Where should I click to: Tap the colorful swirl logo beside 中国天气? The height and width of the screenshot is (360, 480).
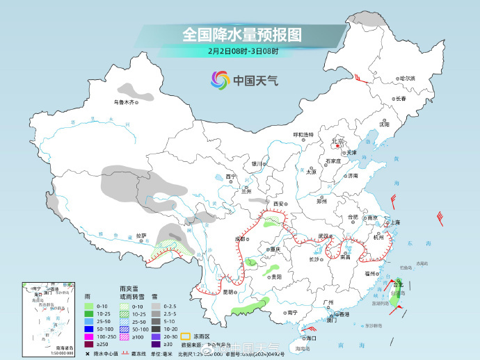point(220,81)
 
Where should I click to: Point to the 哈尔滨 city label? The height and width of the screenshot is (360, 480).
point(406,79)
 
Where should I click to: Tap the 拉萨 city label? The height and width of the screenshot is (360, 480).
point(141,236)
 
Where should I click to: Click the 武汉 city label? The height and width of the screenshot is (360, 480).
point(323,236)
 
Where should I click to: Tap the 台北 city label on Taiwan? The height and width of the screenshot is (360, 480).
point(398,284)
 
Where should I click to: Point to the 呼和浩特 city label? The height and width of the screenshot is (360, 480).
point(303,134)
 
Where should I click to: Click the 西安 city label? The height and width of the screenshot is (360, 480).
point(280,204)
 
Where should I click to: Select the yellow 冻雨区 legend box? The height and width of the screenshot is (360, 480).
point(186,334)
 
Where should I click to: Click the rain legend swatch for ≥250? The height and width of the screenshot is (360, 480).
point(88,344)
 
